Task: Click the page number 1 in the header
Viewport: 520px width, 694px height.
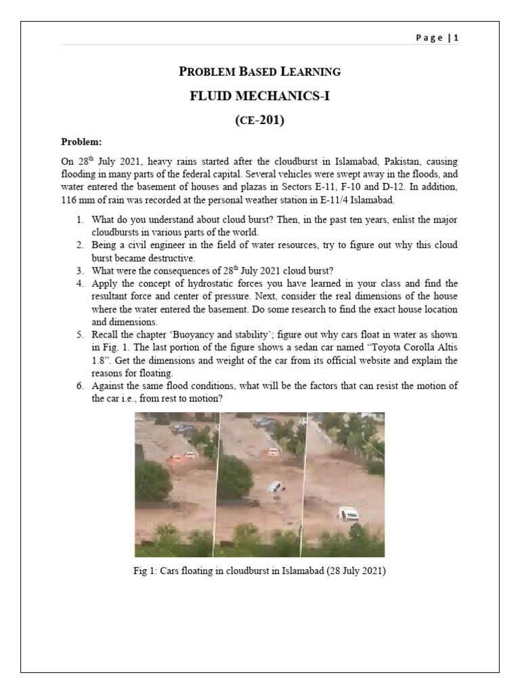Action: coord(456,38)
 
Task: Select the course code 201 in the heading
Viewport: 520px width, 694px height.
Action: coord(272,121)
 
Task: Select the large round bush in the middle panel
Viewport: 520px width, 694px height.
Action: coord(235,476)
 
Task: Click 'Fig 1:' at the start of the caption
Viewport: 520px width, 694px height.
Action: coord(146,571)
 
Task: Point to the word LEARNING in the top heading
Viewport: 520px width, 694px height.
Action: coord(310,71)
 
